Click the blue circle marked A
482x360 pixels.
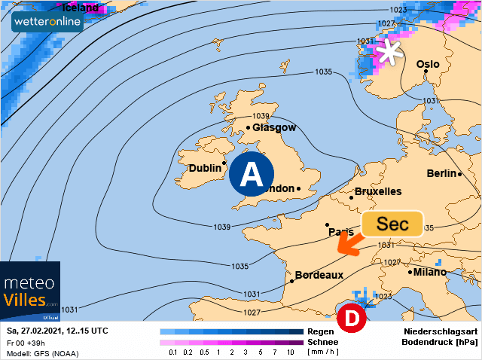point(252,173)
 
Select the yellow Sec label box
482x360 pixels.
point(392,224)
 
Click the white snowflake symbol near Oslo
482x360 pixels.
point(389,52)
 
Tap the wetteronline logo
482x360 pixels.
point(47,22)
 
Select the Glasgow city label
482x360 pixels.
point(274,127)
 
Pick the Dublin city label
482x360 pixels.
point(204,168)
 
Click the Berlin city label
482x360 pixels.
point(441,173)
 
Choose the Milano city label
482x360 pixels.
point(429,271)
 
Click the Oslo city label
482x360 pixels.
point(428,64)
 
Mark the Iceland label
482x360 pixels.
point(79,8)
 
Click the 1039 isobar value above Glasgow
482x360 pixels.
point(261,116)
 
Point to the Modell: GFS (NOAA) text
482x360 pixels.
point(42,353)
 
